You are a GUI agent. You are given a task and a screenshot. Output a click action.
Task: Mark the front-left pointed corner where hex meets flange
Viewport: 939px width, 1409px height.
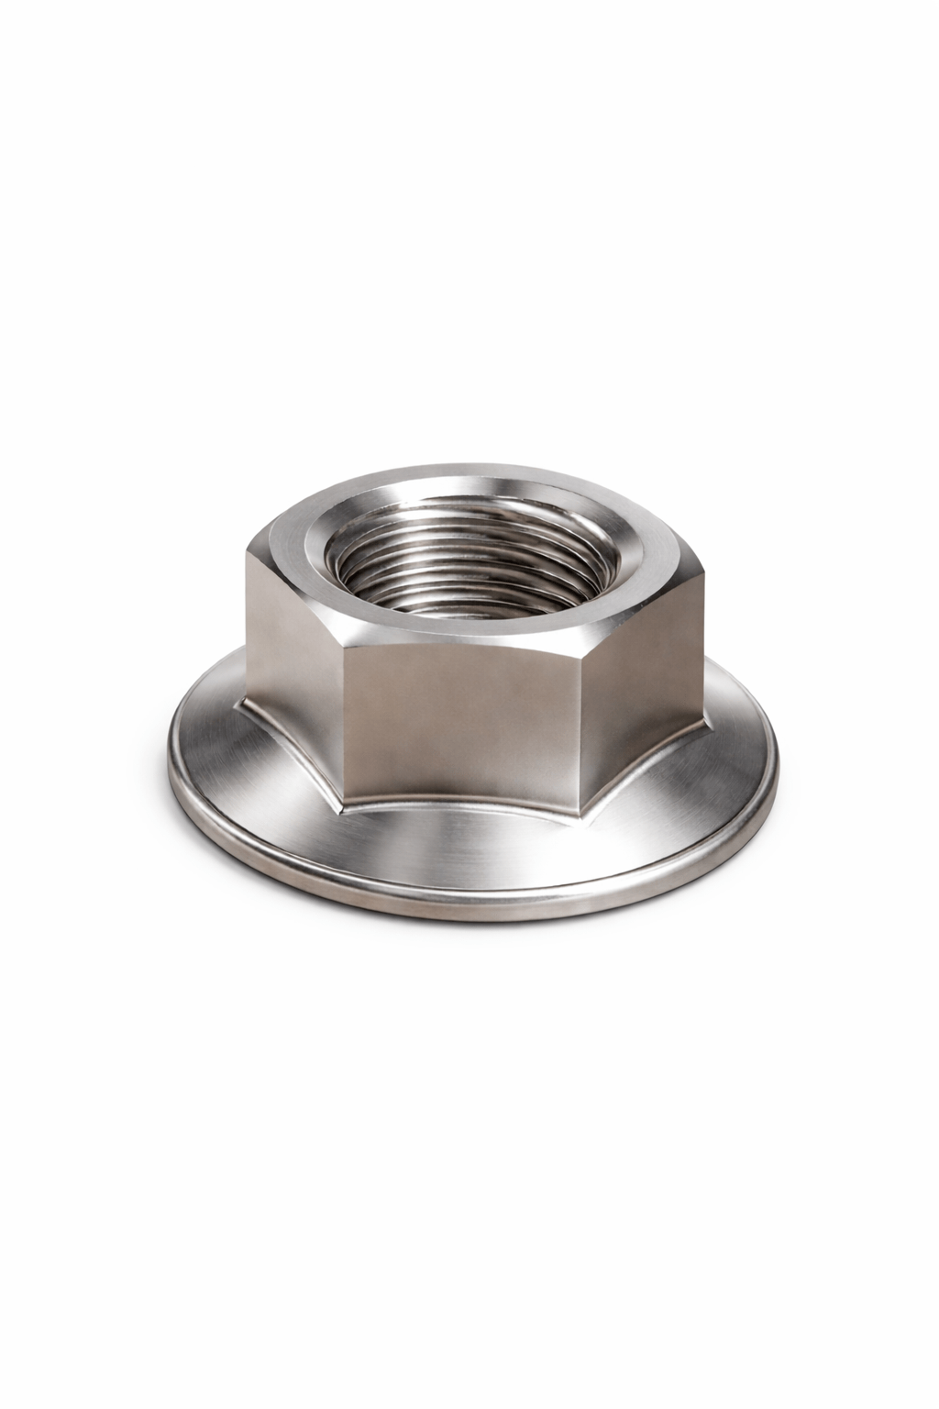pyautogui.click(x=342, y=787)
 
